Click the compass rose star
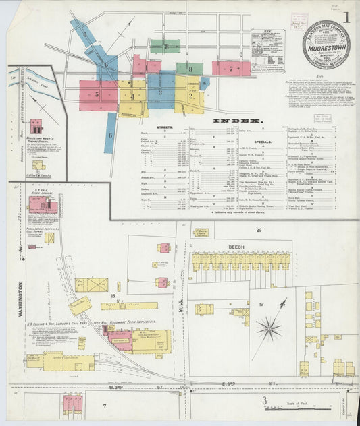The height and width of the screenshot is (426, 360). click(x=269, y=329)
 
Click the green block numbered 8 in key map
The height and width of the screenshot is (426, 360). click(x=190, y=69)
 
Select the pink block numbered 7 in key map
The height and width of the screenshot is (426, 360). click(x=230, y=68)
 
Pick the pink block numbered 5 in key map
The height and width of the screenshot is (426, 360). click(x=97, y=95)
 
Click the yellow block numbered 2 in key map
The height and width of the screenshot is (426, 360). click(x=190, y=95)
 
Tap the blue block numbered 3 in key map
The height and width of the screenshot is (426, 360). click(x=161, y=92)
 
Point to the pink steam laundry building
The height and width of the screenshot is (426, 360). click(x=43, y=205)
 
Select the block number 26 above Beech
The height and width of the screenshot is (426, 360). click(x=258, y=231)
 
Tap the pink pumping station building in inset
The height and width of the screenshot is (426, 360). click(x=36, y=126)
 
